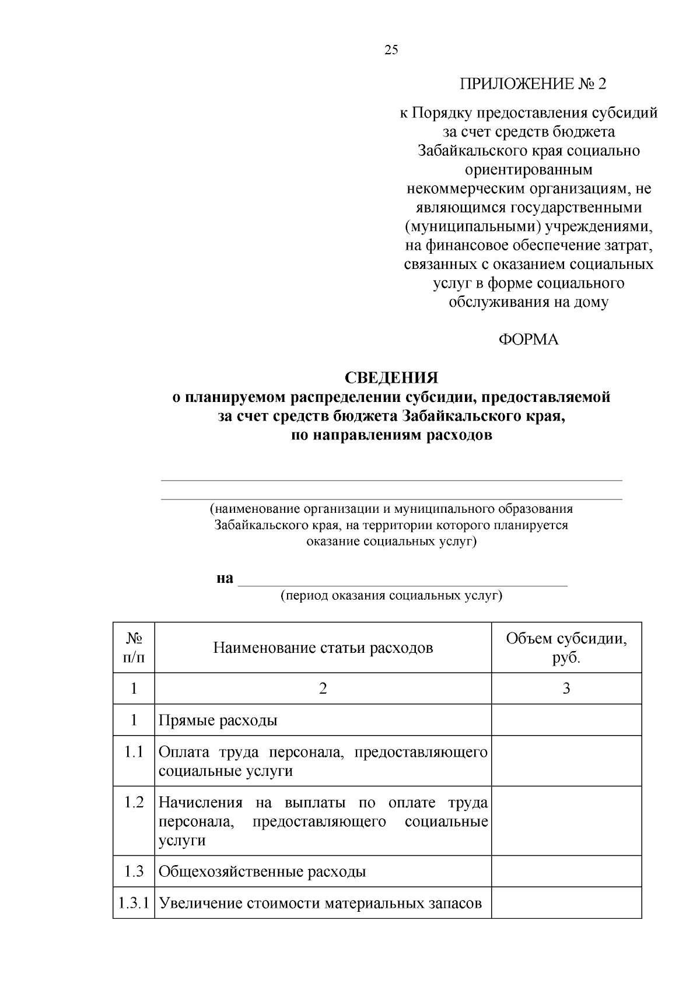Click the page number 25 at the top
391,50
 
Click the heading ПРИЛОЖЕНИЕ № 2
533,84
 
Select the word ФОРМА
528,340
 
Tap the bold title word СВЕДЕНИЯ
391,378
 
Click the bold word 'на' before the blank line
225,578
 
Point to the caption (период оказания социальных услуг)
391,596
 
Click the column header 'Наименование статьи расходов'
323,648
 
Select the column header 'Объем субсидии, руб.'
566,648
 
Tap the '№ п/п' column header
134,648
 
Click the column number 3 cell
566,688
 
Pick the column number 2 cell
323,688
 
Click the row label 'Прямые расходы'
218,720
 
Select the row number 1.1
134,751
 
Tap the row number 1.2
134,802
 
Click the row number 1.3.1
134,904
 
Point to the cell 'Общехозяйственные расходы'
262,872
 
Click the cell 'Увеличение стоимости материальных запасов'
320,904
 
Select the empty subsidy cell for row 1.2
566,821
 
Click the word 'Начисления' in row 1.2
201,802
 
